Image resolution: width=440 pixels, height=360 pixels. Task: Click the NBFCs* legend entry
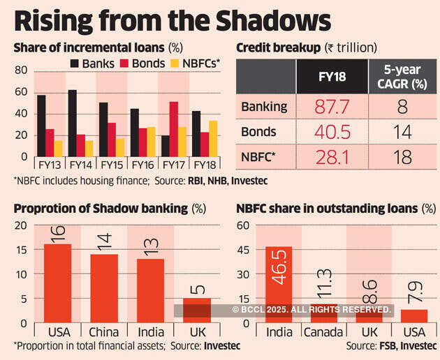tap(200, 63)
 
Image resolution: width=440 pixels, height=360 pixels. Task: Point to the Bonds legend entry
tap(148, 63)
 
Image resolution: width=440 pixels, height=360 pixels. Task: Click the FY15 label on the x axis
tap(112, 165)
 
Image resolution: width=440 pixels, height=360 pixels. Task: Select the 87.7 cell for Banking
tap(332, 107)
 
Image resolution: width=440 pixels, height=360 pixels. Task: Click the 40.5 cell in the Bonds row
tap(332, 132)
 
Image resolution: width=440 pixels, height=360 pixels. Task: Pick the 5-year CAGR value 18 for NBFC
tap(403, 157)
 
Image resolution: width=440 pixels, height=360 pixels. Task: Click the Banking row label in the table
tap(264, 107)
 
